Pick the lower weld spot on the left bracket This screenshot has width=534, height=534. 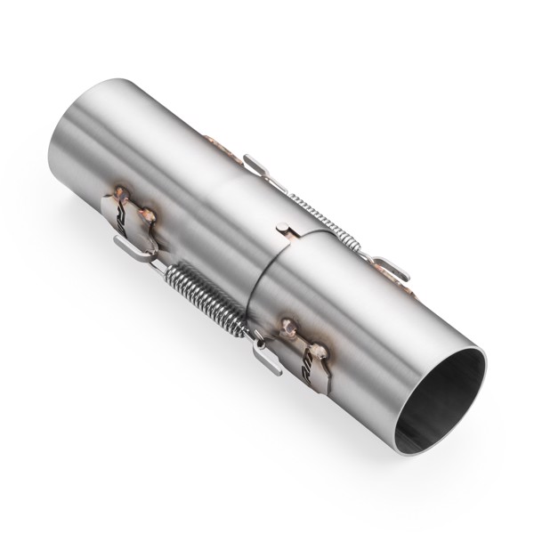pos(146,214)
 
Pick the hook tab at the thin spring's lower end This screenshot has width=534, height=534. pos(389,267)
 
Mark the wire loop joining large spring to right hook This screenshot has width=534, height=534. pos(255,336)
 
